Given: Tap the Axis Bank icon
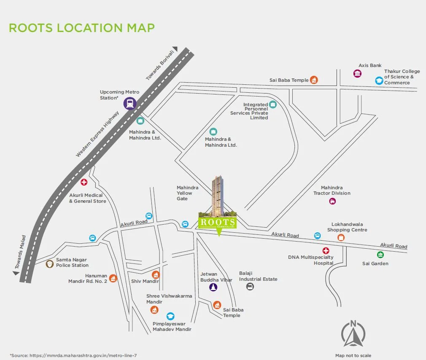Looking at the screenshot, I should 357,74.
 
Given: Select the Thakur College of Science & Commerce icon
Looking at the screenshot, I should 379,80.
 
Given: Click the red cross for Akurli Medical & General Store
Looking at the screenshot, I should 84,183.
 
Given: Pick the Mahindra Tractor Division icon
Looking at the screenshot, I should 332,201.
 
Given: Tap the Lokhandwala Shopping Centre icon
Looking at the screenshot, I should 341,237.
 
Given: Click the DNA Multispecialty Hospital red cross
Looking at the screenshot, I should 326,251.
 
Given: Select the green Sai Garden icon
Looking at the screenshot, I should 380,255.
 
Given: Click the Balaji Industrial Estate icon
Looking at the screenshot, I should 250,287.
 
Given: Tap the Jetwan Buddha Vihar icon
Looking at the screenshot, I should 213,287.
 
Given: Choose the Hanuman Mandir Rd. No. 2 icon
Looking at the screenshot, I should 113,278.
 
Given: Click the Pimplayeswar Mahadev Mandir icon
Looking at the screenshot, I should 170,316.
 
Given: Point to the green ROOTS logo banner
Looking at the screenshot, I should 217,223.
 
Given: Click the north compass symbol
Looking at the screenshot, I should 353,335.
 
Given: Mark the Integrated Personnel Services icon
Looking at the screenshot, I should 272,105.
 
